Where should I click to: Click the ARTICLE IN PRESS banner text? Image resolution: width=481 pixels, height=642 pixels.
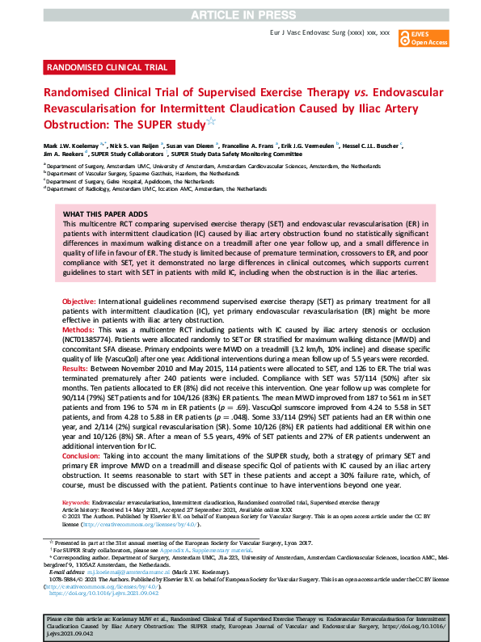tap(240, 15)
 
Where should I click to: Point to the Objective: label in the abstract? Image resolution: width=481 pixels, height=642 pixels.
tap(79, 300)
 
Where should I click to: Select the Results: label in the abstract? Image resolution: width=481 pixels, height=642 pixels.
tap(78, 368)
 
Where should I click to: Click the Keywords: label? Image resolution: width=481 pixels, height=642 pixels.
tap(77, 503)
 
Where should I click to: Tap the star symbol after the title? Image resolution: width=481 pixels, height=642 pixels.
tap(211, 123)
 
